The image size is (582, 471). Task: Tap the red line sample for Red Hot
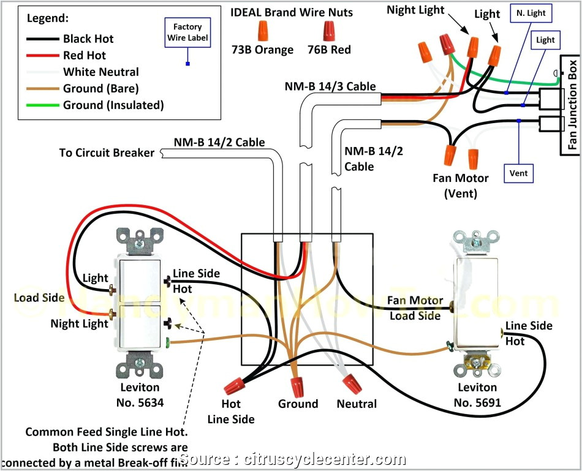42,56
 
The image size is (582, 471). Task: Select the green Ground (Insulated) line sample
42,105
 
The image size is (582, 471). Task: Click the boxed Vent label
518,173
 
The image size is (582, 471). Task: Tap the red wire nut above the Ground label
298,386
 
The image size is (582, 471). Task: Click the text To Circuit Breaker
107,153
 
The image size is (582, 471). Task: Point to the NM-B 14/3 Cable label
330,86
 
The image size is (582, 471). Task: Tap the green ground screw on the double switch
168,341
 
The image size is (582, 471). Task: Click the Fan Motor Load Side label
415,309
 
